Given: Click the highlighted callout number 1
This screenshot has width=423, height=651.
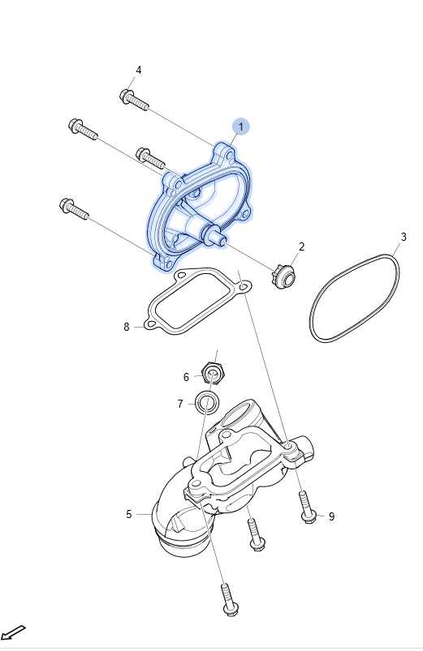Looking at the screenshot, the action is pos(240,126).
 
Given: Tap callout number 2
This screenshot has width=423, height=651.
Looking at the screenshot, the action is pos(301,246).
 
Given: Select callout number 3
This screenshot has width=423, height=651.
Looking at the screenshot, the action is pos(404,237).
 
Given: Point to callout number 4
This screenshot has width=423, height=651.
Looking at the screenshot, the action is pos(139,71).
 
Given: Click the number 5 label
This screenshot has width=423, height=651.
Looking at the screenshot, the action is pos(129,515).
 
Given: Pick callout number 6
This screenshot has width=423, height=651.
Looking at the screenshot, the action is pos(186,377).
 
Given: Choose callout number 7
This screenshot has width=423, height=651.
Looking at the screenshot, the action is pos(180,404).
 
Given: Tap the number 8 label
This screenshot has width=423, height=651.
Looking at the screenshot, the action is pos(127,328).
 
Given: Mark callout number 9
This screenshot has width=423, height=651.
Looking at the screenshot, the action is pos(331,516).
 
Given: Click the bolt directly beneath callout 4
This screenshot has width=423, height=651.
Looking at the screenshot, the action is pos(133,100).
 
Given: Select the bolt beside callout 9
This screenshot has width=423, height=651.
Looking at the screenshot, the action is pos(307,506).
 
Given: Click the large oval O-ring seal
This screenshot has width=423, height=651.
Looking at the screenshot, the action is pos(355,298).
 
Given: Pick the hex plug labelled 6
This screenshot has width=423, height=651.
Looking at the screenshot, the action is pos(213,372).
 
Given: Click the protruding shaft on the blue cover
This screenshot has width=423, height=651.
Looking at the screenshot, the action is pos(217,236).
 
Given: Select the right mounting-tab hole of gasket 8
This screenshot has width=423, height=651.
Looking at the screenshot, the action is pos(244,286).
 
